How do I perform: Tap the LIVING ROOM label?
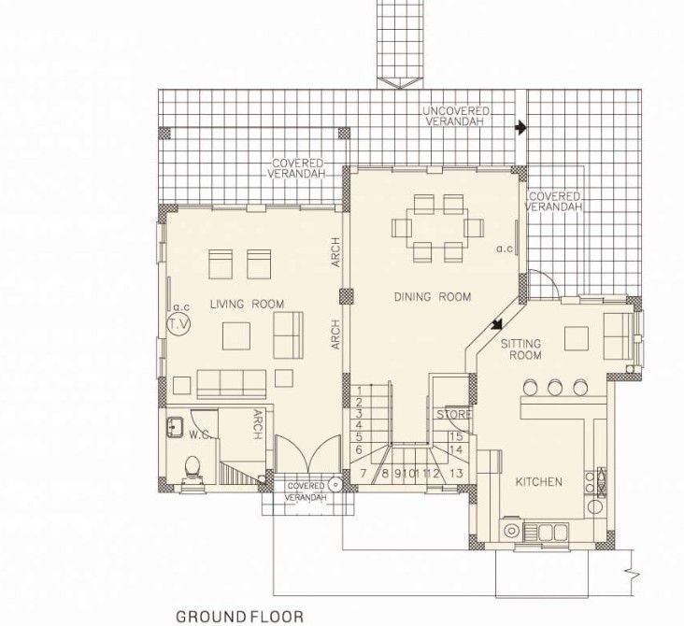(x=247, y=303)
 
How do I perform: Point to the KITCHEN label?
(x=539, y=482)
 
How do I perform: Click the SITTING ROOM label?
(x=521, y=350)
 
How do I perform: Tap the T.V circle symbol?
(x=178, y=324)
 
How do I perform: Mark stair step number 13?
(x=456, y=474)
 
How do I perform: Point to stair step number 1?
(x=359, y=390)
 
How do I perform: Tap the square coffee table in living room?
(x=235, y=335)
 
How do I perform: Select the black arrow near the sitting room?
(x=495, y=323)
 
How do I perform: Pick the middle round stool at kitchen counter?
(x=557, y=387)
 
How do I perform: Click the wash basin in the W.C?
(x=174, y=428)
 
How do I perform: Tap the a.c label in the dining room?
(x=505, y=249)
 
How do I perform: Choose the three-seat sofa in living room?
(x=231, y=382)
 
